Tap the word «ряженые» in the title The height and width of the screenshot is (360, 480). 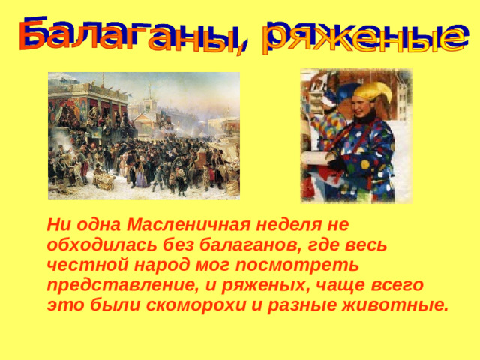[361, 34]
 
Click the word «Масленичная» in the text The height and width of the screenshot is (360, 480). [175, 224]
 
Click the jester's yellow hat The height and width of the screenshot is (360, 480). [373, 91]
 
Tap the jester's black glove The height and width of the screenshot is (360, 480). [335, 161]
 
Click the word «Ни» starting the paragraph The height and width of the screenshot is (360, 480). [57, 224]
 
